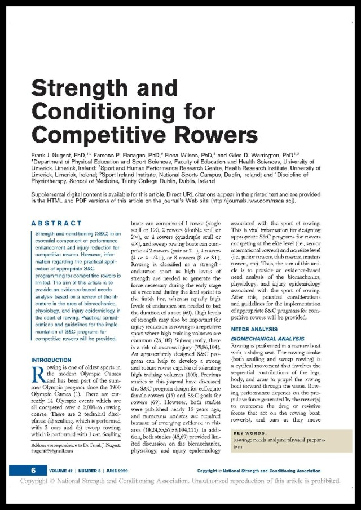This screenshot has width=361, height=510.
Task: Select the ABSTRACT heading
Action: pos(56,223)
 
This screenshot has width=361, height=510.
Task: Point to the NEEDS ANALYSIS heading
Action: pos(254,327)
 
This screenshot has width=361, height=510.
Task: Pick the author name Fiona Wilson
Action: pos(199,154)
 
